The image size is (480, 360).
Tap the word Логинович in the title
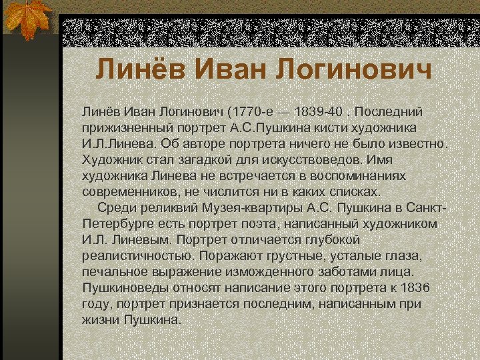coord(357,69)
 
